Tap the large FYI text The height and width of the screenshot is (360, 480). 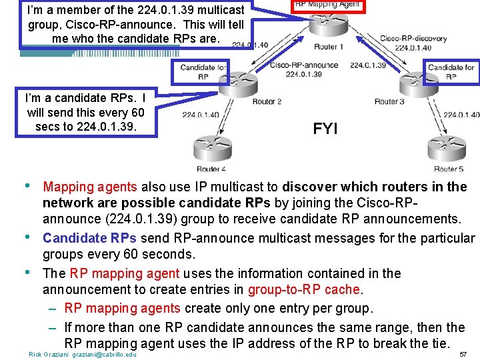tap(325, 129)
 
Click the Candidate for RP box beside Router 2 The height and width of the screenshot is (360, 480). tap(203, 71)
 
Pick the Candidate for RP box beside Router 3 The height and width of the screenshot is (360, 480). tap(451, 71)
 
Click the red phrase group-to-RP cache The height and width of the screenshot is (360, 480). tap(303, 290)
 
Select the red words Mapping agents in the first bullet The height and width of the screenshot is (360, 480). tap(90, 187)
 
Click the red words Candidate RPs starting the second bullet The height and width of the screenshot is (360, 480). tap(90, 238)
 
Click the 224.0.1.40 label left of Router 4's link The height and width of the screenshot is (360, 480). tap(200, 115)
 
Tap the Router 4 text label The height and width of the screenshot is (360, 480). tap(211, 169)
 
